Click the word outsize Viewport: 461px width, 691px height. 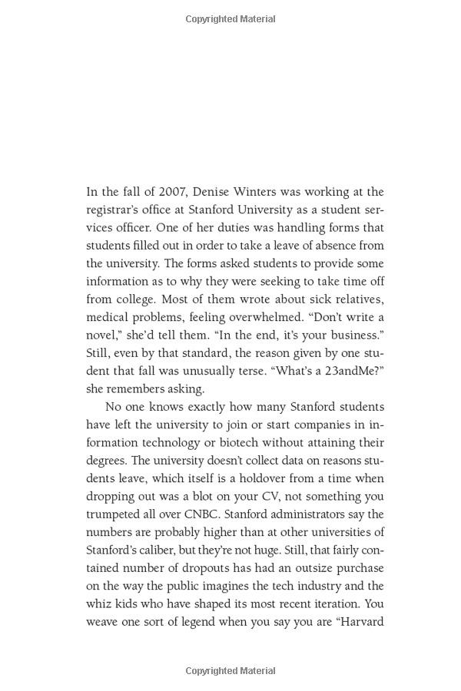coord(316,568)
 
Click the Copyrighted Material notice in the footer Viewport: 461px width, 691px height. coord(230,671)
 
